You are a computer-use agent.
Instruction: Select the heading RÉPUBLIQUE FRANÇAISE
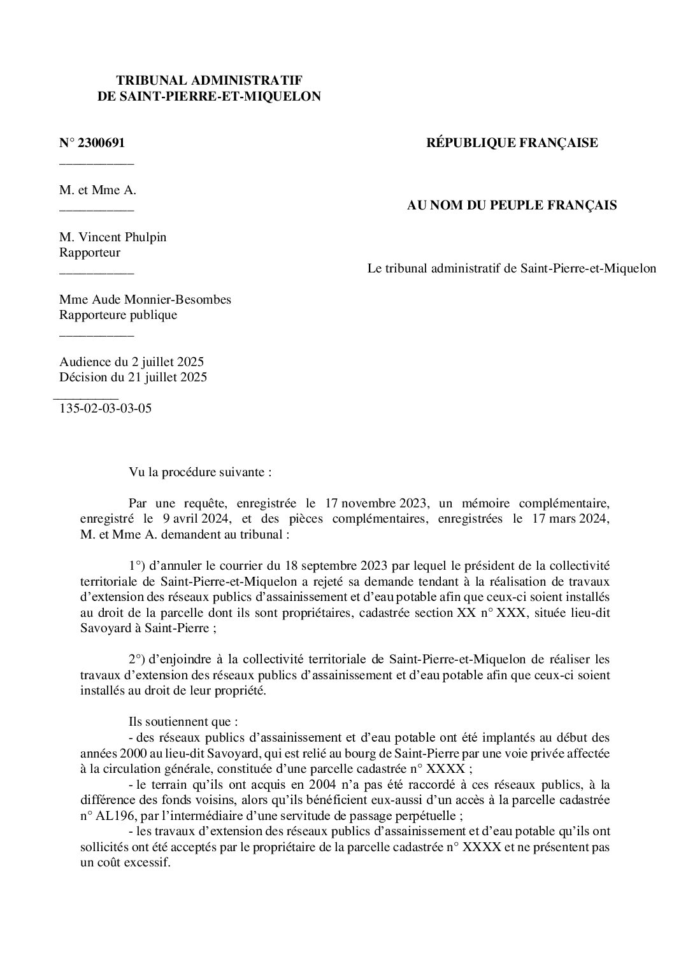tap(512, 143)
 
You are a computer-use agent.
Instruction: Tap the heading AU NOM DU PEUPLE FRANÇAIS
tap(512, 206)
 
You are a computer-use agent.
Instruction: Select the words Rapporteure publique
tap(118, 315)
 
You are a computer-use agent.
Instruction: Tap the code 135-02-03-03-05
tap(105, 409)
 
